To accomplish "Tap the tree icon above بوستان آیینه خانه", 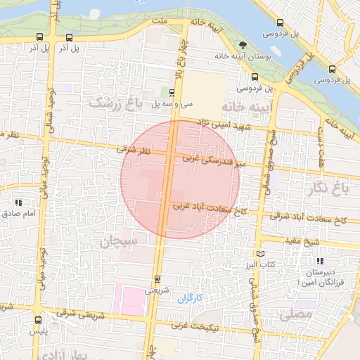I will [243, 46].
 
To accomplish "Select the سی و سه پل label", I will [176, 103].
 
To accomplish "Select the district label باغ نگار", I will [328, 188].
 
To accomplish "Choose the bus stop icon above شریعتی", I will [156, 278].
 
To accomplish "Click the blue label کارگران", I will [189, 298].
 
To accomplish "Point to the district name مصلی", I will [295, 314].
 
